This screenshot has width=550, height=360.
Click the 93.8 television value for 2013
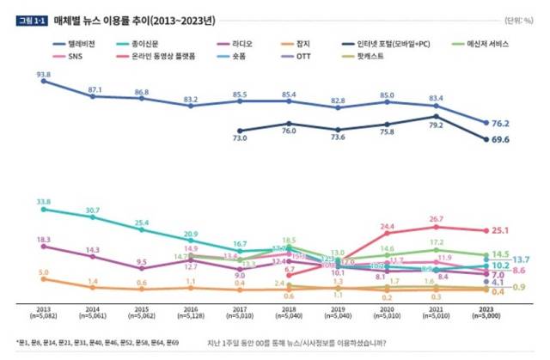(x=43, y=74)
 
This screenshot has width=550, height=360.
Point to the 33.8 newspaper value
(x=43, y=202)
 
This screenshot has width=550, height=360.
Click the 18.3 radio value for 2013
(x=43, y=239)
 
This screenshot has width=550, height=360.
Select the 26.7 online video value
(x=437, y=219)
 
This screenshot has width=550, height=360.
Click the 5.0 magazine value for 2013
(x=43, y=272)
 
